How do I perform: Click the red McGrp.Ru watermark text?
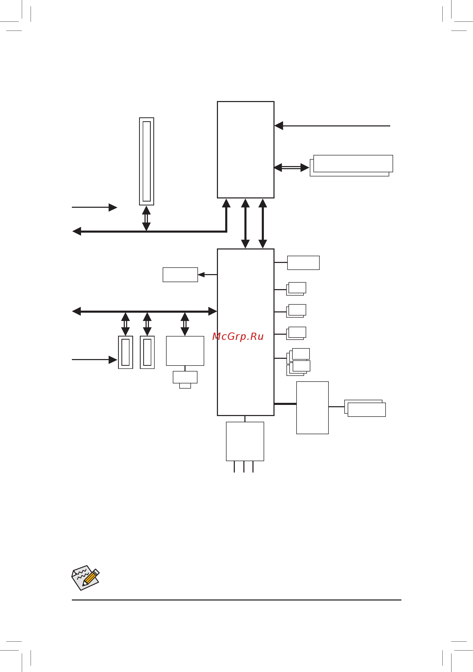(238, 337)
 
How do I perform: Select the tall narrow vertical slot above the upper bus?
(147, 161)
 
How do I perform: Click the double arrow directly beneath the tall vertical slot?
(146, 218)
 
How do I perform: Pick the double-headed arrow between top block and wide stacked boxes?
(291, 168)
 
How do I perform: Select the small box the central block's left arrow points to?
(180, 275)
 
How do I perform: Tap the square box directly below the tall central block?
(245, 441)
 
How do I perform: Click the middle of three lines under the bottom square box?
(244, 467)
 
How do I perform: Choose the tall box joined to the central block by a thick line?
(312, 408)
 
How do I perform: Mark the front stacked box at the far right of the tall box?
(367, 410)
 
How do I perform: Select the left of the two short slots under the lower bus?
(125, 352)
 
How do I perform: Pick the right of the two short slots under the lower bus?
(147, 352)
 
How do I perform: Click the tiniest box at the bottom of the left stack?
(185, 386)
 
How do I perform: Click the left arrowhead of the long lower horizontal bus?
(77, 311)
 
